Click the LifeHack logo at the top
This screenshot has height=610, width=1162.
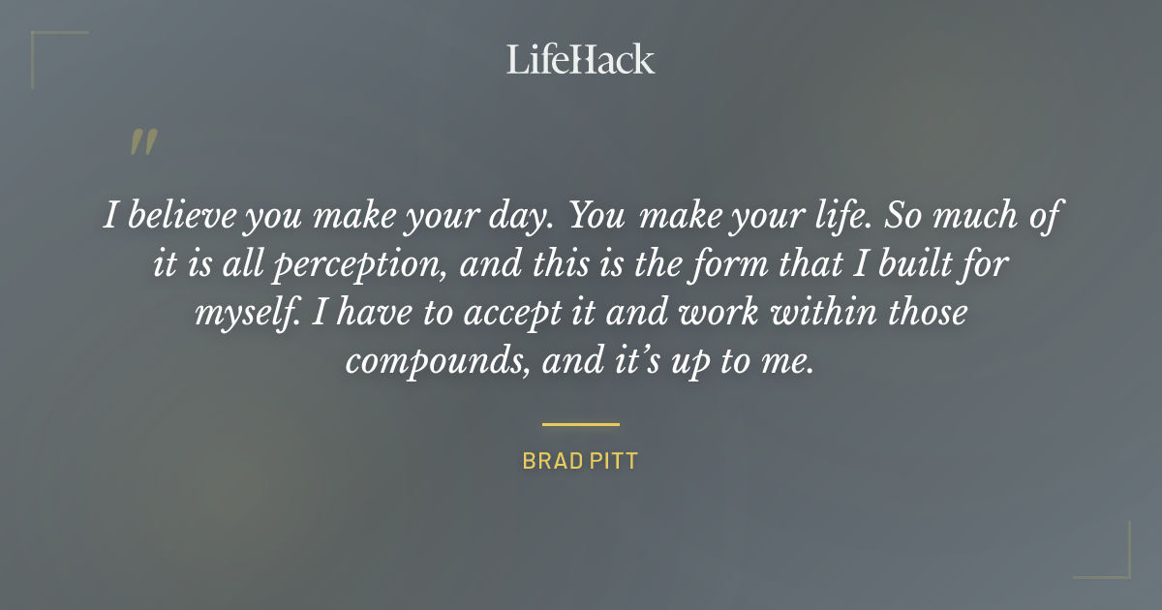coord(580,59)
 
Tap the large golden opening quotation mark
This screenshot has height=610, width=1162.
coord(142,142)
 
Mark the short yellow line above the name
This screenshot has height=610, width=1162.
coord(580,424)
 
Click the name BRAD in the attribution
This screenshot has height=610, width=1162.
coord(550,461)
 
